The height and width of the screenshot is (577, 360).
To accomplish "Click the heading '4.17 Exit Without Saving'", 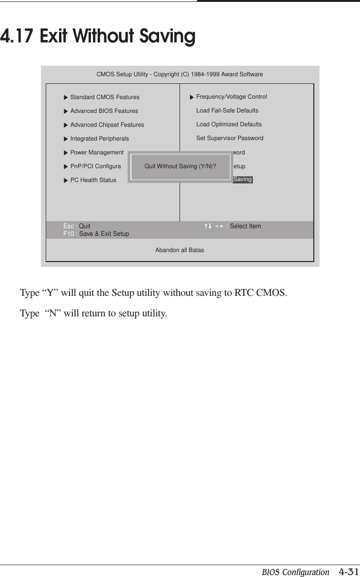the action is coord(98,37).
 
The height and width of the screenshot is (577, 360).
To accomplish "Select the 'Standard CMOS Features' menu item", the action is coord(105,97).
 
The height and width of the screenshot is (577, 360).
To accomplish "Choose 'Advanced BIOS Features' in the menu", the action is coord(104,111).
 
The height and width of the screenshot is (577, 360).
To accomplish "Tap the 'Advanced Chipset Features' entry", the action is coord(107,125).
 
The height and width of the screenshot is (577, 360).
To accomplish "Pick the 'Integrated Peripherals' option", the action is coord(99,139).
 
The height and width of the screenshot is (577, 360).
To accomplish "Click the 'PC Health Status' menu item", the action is coord(93,180).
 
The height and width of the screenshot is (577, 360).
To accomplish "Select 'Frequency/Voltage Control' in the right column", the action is coord(231,97).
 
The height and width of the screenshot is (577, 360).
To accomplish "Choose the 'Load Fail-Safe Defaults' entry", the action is coord(227,111).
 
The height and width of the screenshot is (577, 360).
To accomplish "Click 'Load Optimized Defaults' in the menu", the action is coord(229,124).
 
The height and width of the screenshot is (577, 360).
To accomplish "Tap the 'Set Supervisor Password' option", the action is coord(230,138).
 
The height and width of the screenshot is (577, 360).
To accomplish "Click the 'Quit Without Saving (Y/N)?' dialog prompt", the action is coord(180,166).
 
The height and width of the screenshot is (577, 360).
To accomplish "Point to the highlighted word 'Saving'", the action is coord(242,180).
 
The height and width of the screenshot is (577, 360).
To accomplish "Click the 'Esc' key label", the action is coord(69,226).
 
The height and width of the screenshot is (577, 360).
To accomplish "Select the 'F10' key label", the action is coord(69,234).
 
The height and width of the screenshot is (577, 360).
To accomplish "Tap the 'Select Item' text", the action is coord(245,226).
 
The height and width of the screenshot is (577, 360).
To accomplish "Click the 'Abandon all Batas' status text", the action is coord(180,250).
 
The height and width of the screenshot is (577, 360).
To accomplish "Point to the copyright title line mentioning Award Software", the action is coord(180,74).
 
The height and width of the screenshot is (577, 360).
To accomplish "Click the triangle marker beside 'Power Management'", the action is coord(66,153).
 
